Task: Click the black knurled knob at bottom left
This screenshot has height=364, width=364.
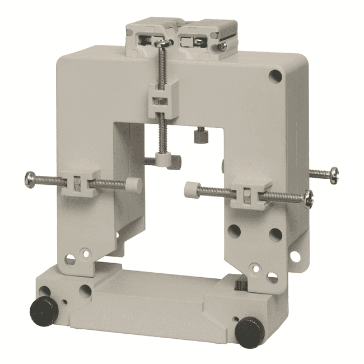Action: coord(41,307)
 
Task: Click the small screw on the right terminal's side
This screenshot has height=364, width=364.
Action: coord(222,48)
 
